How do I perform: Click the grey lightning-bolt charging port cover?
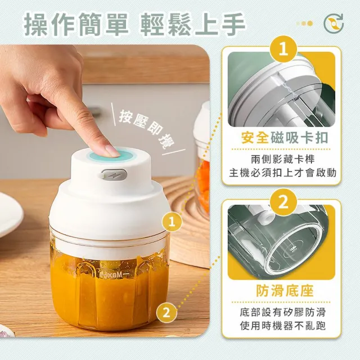[114, 175]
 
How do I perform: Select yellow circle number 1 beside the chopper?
[172, 222]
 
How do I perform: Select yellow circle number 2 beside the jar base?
[166, 313]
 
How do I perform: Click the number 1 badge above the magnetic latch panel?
[283, 49]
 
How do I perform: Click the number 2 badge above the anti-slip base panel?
[283, 202]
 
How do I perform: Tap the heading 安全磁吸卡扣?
[285, 138]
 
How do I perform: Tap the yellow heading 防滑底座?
[285, 291]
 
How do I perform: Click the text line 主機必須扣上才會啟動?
[283, 173]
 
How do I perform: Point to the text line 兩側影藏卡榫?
[283, 159]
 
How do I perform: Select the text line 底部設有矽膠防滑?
[283, 312]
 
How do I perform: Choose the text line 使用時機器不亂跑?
[283, 326]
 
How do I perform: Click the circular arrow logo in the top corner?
[334, 24]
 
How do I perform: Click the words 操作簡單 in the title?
[76, 25]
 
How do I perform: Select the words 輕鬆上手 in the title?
[192, 25]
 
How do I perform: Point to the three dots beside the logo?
[305, 24]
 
